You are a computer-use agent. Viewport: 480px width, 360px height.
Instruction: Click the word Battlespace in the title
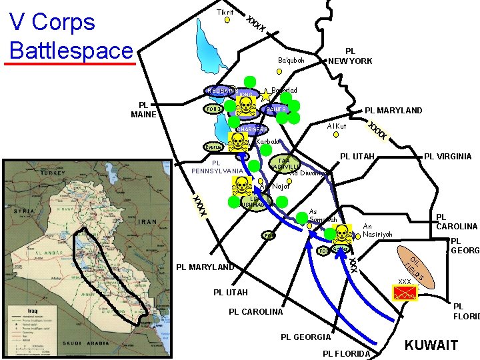pyautogui.click(x=72, y=50)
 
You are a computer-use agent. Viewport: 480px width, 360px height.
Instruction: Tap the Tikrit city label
pyautogui.click(x=225, y=13)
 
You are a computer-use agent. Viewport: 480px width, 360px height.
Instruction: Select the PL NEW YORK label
pyautogui.click(x=350, y=56)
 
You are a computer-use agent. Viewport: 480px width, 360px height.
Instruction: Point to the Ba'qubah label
pyautogui.click(x=291, y=61)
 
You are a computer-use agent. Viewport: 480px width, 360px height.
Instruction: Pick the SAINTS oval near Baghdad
pyautogui.click(x=276, y=109)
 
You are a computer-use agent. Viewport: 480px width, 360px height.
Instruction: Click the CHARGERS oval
pyautogui.click(x=252, y=129)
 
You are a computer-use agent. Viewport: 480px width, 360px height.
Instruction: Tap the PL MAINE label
pyautogui.click(x=144, y=109)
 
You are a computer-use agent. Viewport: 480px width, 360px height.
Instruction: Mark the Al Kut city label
pyautogui.click(x=337, y=126)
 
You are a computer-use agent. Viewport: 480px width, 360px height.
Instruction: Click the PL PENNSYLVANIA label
pyautogui.click(x=217, y=167)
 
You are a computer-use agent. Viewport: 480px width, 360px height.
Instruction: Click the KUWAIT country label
pyautogui.click(x=431, y=345)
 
